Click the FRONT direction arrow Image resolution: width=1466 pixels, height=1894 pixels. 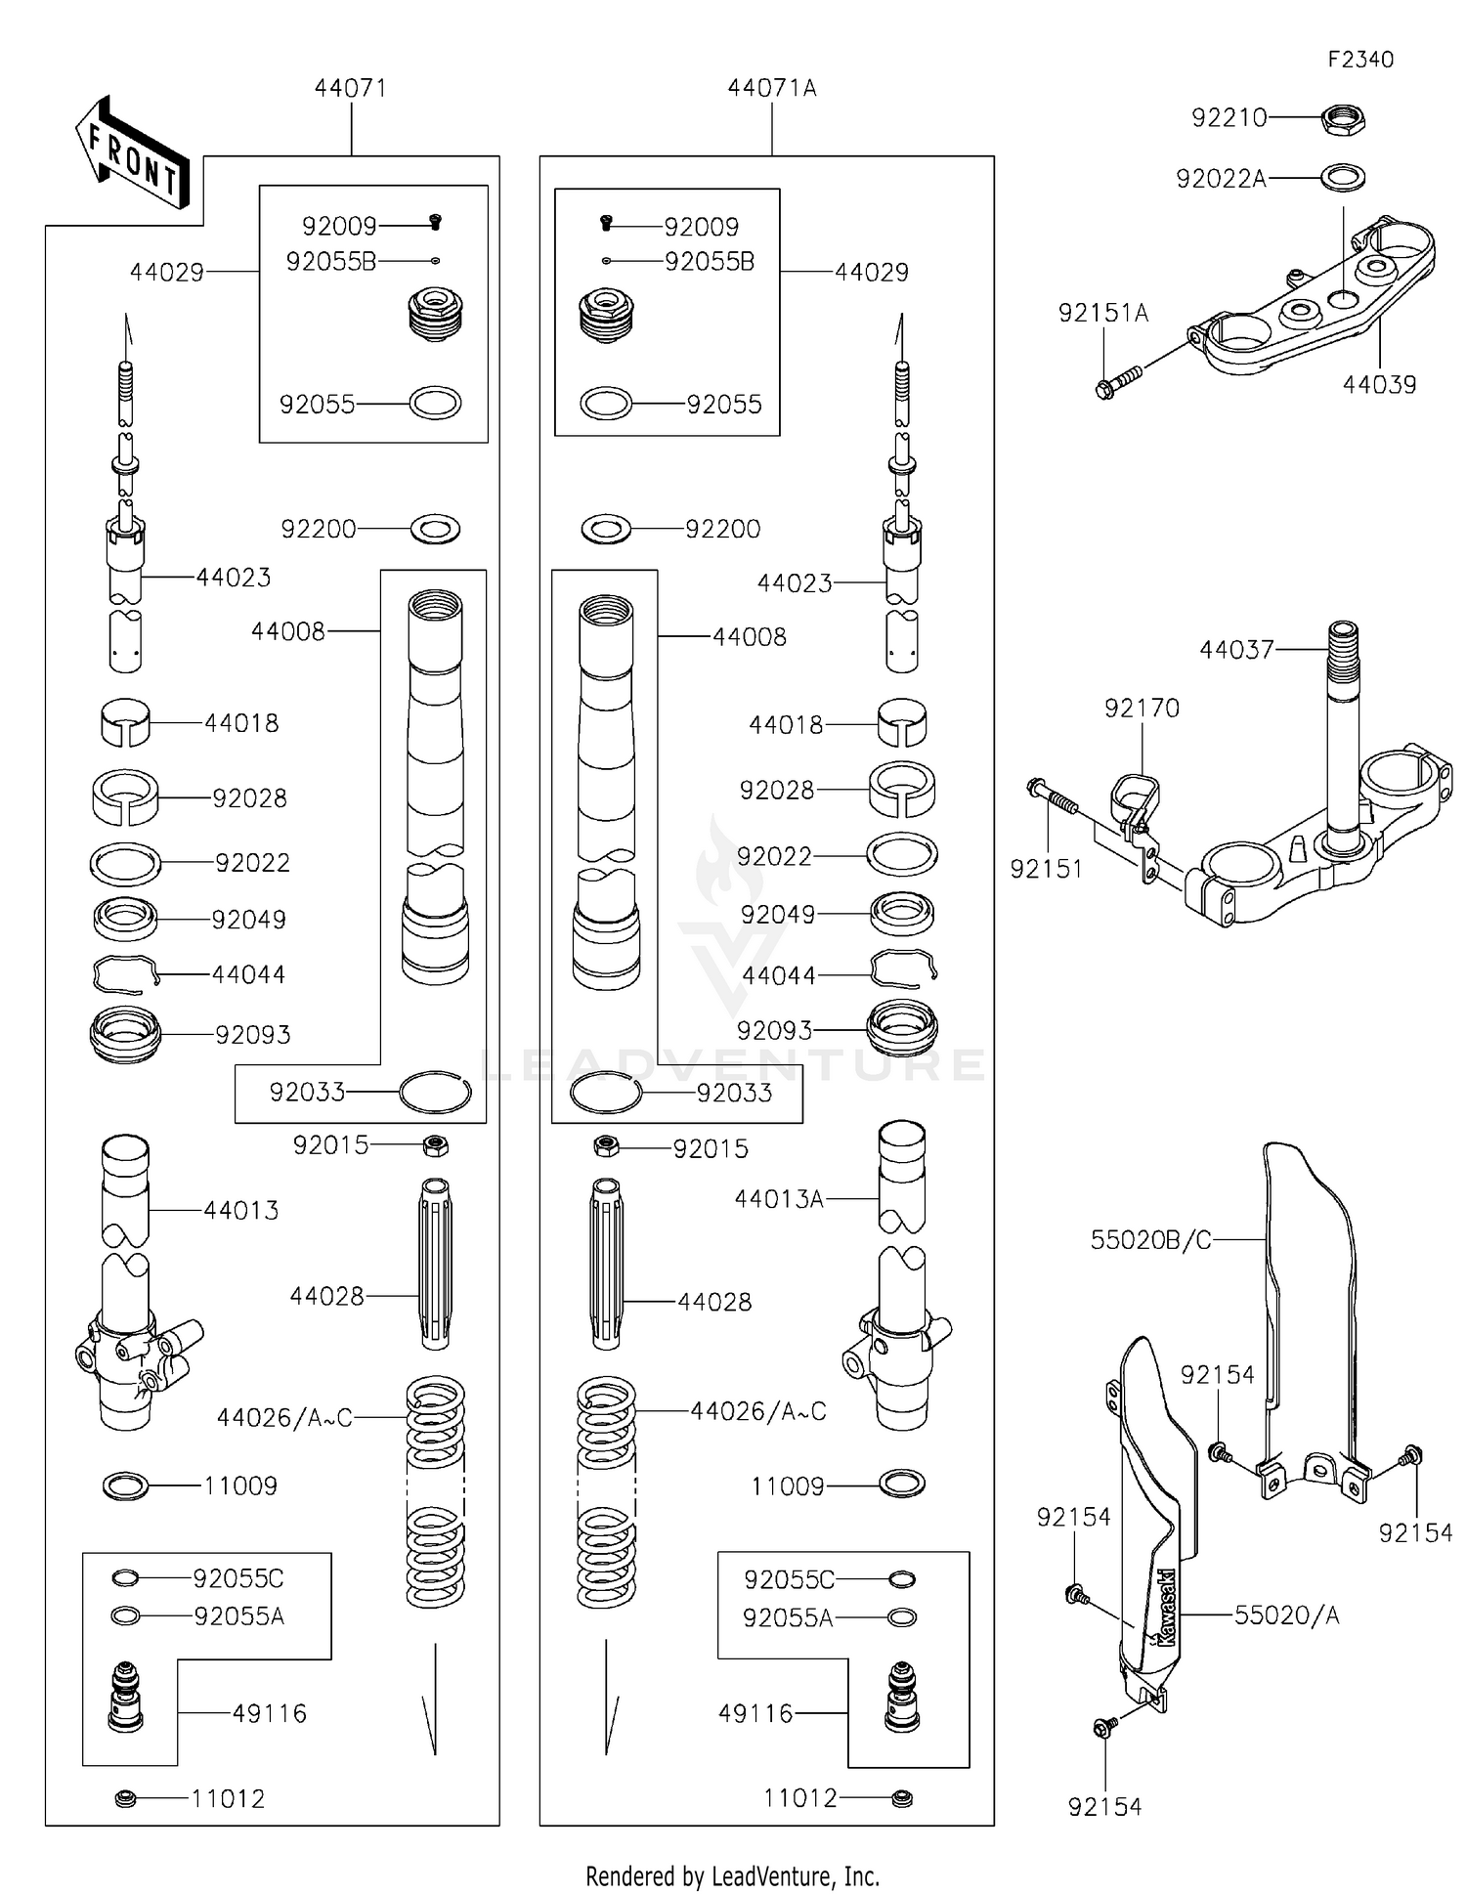coord(132,155)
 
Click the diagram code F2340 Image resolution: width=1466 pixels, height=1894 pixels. coord(1359,60)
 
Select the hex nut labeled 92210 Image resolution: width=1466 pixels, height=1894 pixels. coord(1343,120)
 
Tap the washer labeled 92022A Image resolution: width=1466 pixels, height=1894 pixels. coord(1343,178)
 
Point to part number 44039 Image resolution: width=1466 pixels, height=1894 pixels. coord(1379,384)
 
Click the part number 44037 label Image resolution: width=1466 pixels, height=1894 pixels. coord(1236,649)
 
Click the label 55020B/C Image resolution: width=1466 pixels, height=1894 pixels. coord(1150,1240)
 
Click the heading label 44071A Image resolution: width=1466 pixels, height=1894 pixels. coord(771,88)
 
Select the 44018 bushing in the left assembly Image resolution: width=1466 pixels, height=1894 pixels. coord(126,722)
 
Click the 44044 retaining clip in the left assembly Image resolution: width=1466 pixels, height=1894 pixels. coord(125,974)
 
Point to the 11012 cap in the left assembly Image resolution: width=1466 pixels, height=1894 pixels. coord(125,1797)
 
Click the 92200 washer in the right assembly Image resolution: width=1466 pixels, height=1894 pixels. coord(606,529)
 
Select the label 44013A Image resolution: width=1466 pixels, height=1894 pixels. coord(779,1198)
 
